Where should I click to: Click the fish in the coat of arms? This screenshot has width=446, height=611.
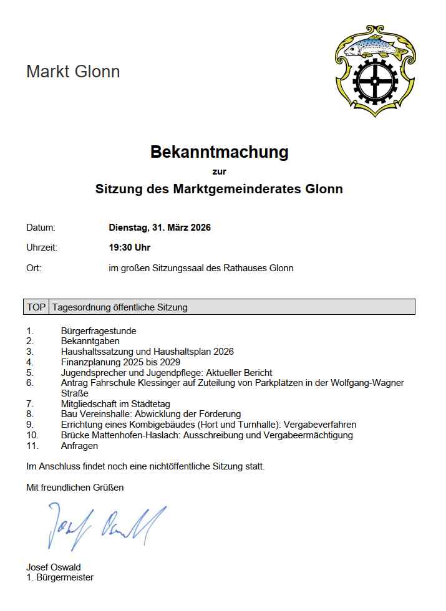(374, 46)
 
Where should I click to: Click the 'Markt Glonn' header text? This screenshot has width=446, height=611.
(73, 72)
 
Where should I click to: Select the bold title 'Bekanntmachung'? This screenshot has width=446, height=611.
(219, 152)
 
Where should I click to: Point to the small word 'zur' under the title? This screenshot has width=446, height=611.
(219, 171)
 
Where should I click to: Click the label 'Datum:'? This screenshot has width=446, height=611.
(41, 228)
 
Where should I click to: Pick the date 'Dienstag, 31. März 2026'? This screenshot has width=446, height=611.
(160, 228)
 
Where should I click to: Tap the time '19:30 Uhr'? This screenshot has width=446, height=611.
(130, 248)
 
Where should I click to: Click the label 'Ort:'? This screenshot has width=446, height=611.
(34, 268)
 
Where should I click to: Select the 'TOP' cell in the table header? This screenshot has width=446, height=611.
(36, 307)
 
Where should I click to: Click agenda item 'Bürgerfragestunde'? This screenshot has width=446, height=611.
(99, 331)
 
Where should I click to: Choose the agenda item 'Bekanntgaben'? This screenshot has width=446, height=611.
(90, 341)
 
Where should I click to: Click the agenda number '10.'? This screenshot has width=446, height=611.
(32, 435)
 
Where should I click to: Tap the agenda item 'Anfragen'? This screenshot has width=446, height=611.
(79, 446)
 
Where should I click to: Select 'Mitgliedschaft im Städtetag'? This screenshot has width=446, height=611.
(115, 404)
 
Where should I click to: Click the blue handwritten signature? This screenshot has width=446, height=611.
(106, 524)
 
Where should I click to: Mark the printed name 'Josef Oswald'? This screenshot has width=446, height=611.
(53, 567)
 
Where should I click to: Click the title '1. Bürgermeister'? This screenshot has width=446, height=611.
(60, 577)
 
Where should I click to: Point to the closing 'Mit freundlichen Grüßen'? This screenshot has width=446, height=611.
(75, 487)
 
